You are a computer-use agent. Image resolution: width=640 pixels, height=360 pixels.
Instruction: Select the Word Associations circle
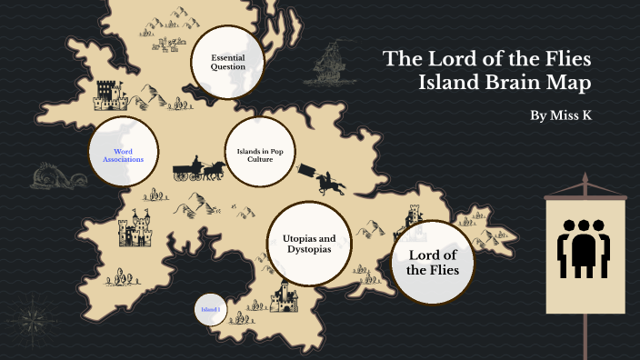(x=123, y=154)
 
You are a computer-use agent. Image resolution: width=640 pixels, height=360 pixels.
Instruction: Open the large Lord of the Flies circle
(x=434, y=263)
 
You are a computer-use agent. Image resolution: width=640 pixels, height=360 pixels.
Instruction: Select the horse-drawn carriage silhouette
(x=199, y=169)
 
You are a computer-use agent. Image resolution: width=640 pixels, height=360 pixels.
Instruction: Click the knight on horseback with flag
(x=326, y=178)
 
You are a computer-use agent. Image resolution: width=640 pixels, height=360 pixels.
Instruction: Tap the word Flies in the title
(x=564, y=60)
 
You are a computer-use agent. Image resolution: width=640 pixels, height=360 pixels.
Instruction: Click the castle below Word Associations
(x=136, y=229)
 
